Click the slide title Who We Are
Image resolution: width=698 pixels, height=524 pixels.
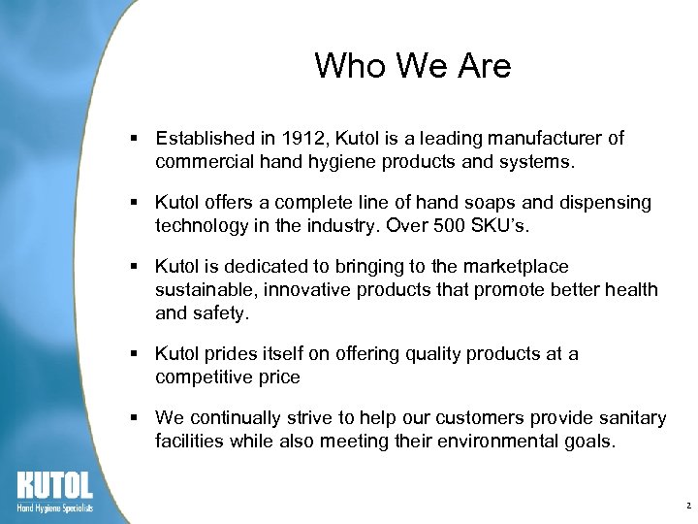pos(412,66)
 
